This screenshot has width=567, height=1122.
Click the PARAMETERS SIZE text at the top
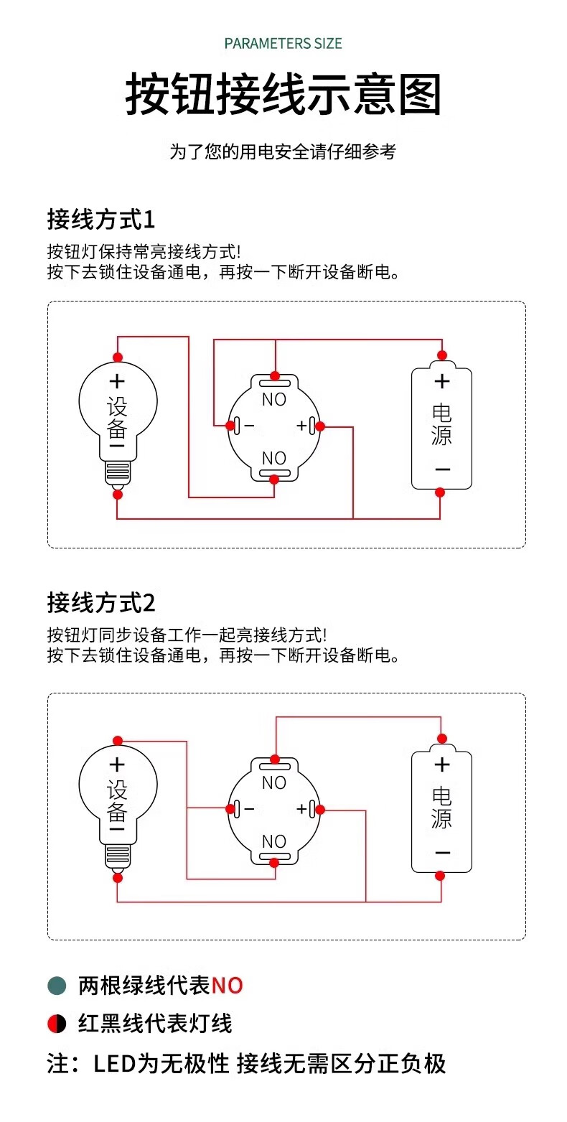(283, 44)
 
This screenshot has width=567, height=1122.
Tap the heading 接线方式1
(101, 220)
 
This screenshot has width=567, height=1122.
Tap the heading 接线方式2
(101, 602)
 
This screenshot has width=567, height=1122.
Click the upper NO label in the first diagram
(274, 400)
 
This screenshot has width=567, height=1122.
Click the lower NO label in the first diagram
(274, 458)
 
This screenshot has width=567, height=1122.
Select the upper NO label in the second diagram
(274, 782)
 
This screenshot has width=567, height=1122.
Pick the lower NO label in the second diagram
(274, 841)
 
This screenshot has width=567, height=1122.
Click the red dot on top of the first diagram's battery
(442, 355)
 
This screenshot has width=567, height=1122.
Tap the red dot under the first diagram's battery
(440, 492)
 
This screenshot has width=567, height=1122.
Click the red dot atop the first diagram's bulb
(118, 357)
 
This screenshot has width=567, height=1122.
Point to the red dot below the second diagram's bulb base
(118, 877)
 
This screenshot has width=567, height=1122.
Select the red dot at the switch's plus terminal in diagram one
(320, 426)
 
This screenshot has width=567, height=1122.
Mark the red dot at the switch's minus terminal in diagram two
(230, 809)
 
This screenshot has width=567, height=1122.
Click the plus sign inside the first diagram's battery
(442, 382)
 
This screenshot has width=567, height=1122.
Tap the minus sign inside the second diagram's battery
(442, 853)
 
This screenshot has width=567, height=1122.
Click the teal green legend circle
(57, 986)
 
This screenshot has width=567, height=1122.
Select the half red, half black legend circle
(57, 1024)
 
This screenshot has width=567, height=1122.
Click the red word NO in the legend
(227, 986)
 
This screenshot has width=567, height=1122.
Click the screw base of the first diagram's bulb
(118, 472)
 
